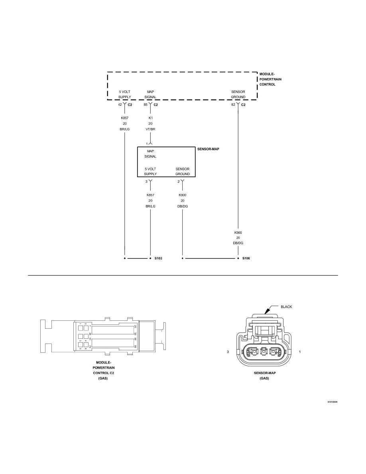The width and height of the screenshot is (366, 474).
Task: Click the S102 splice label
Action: [x=158, y=259]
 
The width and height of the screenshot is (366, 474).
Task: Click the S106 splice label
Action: [x=246, y=259]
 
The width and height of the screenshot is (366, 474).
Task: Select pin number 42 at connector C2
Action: [x=120, y=105]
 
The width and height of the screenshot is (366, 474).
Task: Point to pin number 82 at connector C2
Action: [x=233, y=105]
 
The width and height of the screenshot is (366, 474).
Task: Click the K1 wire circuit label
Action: [x=150, y=118]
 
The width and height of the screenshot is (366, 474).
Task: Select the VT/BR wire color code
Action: [x=150, y=129]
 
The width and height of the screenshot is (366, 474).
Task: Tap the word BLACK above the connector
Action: [x=287, y=307]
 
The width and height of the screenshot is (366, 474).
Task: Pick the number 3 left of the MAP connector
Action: [x=228, y=352]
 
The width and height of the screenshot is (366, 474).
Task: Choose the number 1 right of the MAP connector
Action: [x=299, y=352]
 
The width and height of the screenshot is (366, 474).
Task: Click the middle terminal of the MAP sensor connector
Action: [x=263, y=352]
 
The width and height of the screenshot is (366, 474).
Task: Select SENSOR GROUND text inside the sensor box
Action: [x=182, y=172]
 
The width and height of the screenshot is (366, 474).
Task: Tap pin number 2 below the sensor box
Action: [x=178, y=182]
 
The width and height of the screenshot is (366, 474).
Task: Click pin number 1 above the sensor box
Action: [x=147, y=144]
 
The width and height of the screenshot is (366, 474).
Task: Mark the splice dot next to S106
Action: [x=238, y=259]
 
